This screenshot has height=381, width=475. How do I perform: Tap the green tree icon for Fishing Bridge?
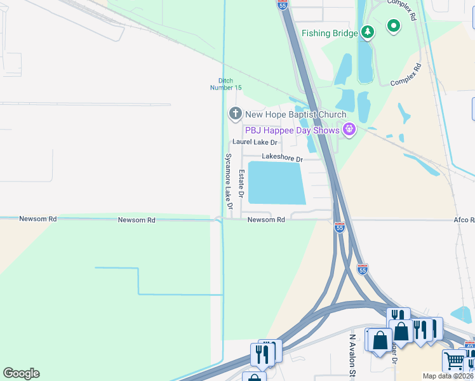(x=367, y=32)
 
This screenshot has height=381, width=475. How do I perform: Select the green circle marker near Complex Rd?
(x=394, y=26)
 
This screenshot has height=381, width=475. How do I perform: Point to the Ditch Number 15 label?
(x=222, y=84)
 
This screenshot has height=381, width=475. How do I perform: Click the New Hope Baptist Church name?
(x=295, y=114)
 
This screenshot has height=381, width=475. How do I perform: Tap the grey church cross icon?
(x=235, y=114)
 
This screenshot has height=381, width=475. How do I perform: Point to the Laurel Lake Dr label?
(x=255, y=142)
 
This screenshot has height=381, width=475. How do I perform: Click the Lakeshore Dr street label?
(x=283, y=157)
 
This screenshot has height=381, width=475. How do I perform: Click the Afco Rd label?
(x=464, y=220)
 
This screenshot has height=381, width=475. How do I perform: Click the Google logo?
(x=21, y=373)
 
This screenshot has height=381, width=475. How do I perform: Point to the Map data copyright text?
(x=448, y=376)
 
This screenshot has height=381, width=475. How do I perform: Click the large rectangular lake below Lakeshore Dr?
(x=276, y=182)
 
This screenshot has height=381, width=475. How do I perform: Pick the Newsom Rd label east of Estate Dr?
(x=266, y=220)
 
